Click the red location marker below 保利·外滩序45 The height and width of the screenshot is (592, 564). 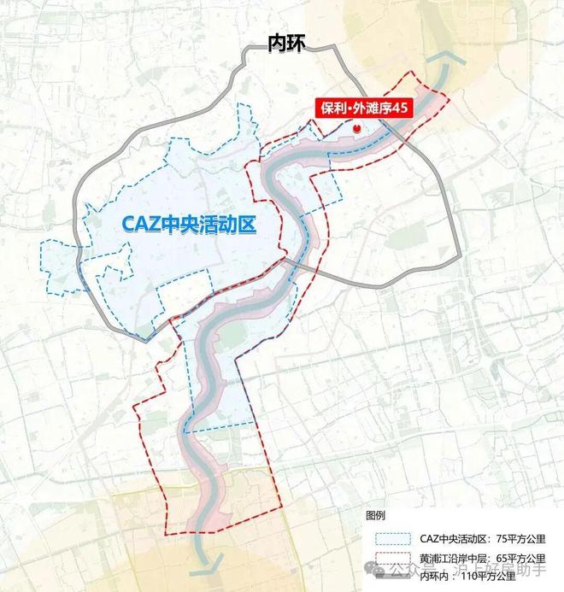(x=357, y=127)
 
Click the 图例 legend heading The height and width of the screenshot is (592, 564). (x=376, y=516)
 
